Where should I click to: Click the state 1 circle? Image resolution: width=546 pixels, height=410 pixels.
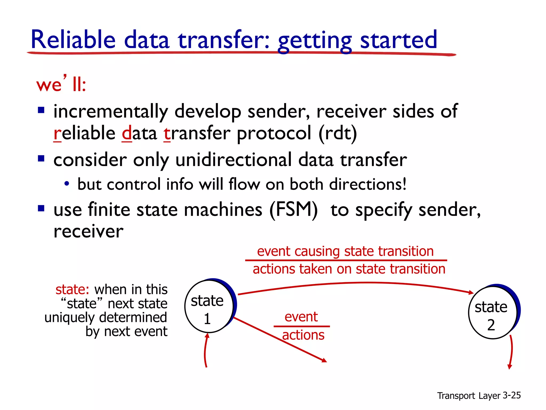(208, 306)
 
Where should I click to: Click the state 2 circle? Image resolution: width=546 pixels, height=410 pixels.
(492, 313)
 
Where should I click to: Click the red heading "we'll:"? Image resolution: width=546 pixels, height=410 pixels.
(61, 84)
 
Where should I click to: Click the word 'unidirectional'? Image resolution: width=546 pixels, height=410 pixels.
(234, 160)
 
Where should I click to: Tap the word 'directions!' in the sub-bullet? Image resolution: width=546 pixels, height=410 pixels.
(368, 184)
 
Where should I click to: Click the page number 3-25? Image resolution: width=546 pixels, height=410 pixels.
(512, 395)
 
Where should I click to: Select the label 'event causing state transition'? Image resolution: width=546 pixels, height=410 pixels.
(345, 251)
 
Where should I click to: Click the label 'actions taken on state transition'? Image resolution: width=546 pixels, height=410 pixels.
(349, 269)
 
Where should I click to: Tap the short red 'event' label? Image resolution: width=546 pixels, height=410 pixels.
(301, 317)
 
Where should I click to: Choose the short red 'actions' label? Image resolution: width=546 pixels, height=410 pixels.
(303, 335)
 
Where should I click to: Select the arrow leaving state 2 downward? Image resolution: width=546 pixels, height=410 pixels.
(511, 352)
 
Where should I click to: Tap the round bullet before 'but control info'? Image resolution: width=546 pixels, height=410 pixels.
(67, 184)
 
